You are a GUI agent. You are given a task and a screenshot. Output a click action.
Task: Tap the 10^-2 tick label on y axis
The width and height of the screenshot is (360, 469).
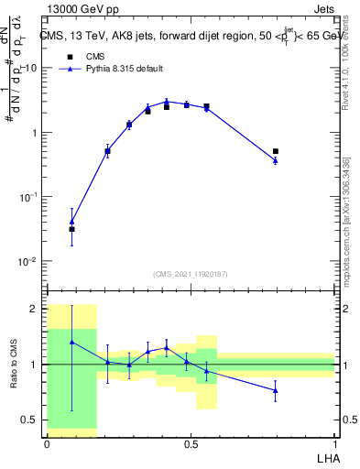[29, 262]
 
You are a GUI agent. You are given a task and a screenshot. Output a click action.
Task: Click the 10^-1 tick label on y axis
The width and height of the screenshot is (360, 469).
[29, 197]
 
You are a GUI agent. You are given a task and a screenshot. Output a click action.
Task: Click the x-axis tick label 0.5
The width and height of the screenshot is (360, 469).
[190, 443]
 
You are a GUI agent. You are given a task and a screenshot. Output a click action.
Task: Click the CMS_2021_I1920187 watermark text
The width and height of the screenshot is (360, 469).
[191, 273]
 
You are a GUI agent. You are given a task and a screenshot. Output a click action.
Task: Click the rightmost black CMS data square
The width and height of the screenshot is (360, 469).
[276, 151]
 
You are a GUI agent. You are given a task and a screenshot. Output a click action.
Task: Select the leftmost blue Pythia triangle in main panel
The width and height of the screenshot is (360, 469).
[72, 221]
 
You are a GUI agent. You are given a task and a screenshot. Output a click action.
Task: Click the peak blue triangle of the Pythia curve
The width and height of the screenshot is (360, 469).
[167, 102]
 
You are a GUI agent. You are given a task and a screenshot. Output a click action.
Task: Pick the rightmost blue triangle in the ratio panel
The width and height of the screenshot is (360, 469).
[276, 390]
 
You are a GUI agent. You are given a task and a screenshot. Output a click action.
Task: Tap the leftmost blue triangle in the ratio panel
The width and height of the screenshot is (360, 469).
[72, 342]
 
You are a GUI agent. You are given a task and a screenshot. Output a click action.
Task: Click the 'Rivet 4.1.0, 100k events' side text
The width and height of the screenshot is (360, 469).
[352, 92]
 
